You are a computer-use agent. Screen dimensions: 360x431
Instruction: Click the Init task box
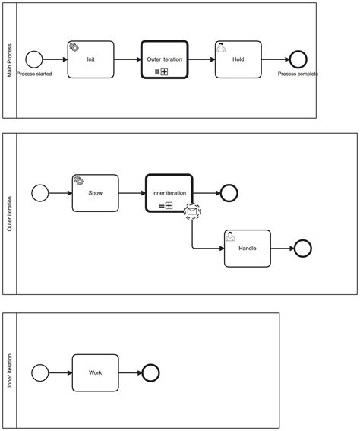click(90, 59)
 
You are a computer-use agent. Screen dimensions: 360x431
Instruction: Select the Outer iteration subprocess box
click(165, 59)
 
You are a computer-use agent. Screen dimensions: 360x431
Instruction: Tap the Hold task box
click(238, 59)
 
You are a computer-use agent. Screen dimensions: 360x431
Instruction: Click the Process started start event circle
click(34, 59)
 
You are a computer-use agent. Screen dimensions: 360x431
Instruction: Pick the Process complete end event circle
click(298, 59)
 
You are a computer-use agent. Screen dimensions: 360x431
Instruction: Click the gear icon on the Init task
click(74, 47)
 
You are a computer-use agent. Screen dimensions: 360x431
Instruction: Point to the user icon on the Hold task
click(221, 47)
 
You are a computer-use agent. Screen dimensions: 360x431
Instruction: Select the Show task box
click(95, 193)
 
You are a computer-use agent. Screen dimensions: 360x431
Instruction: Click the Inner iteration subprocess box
click(169, 193)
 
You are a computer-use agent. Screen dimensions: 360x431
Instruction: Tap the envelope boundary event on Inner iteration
click(192, 211)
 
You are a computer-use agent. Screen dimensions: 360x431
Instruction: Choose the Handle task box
click(248, 249)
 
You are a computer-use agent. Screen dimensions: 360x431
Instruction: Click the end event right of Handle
click(302, 249)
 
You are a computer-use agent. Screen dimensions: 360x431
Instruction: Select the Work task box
click(95, 372)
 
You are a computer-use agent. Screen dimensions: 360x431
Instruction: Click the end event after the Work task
click(150, 372)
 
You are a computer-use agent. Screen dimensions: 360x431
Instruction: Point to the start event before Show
click(40, 193)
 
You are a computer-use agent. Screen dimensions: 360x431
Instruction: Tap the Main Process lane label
click(10, 61)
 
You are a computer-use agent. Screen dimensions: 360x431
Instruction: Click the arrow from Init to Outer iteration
click(128, 59)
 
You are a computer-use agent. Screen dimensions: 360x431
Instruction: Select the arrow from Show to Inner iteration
click(132, 193)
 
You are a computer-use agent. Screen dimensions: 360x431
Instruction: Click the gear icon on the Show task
click(78, 181)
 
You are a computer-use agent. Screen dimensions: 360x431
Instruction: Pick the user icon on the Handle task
click(230, 236)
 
